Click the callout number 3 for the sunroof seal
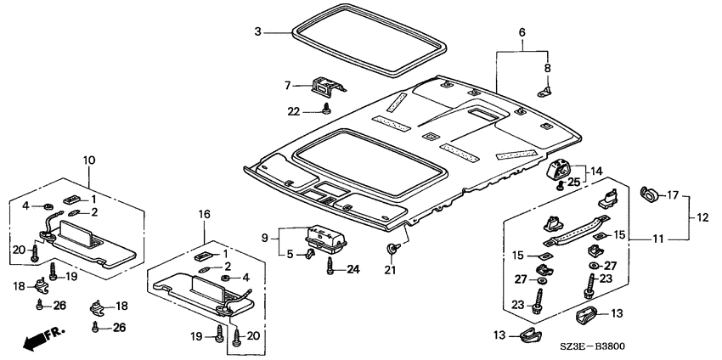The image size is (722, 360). tap(258, 31)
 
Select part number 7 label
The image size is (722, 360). tap(288, 85)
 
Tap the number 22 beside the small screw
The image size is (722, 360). tap(294, 111)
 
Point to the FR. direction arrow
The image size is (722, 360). tap(42, 337)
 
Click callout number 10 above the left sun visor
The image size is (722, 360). tap(89, 160)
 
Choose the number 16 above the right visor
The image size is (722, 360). tap(204, 214)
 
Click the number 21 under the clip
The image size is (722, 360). tap(390, 271)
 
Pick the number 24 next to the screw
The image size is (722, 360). tap(353, 270)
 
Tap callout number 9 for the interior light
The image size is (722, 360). tap(265, 238)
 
